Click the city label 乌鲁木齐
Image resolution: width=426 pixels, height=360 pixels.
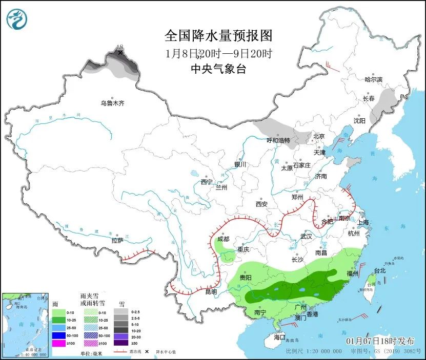tap(112, 103)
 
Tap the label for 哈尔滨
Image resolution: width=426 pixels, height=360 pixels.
tap(374, 79)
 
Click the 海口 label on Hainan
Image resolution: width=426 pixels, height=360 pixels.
tap(279, 337)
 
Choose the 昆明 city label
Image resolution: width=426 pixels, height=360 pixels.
tap(211, 292)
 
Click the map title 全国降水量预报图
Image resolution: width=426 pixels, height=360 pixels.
tap(218, 35)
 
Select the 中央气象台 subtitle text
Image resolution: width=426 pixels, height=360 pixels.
tap(218, 69)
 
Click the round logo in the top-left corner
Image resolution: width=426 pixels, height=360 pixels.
tap(17, 19)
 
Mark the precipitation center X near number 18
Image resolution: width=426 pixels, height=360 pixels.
tap(120, 53)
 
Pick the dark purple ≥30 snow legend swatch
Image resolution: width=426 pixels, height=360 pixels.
tap(120, 343)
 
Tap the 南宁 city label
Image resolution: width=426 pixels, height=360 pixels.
tap(260, 312)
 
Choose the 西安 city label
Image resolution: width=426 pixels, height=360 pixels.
tap(261, 204)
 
